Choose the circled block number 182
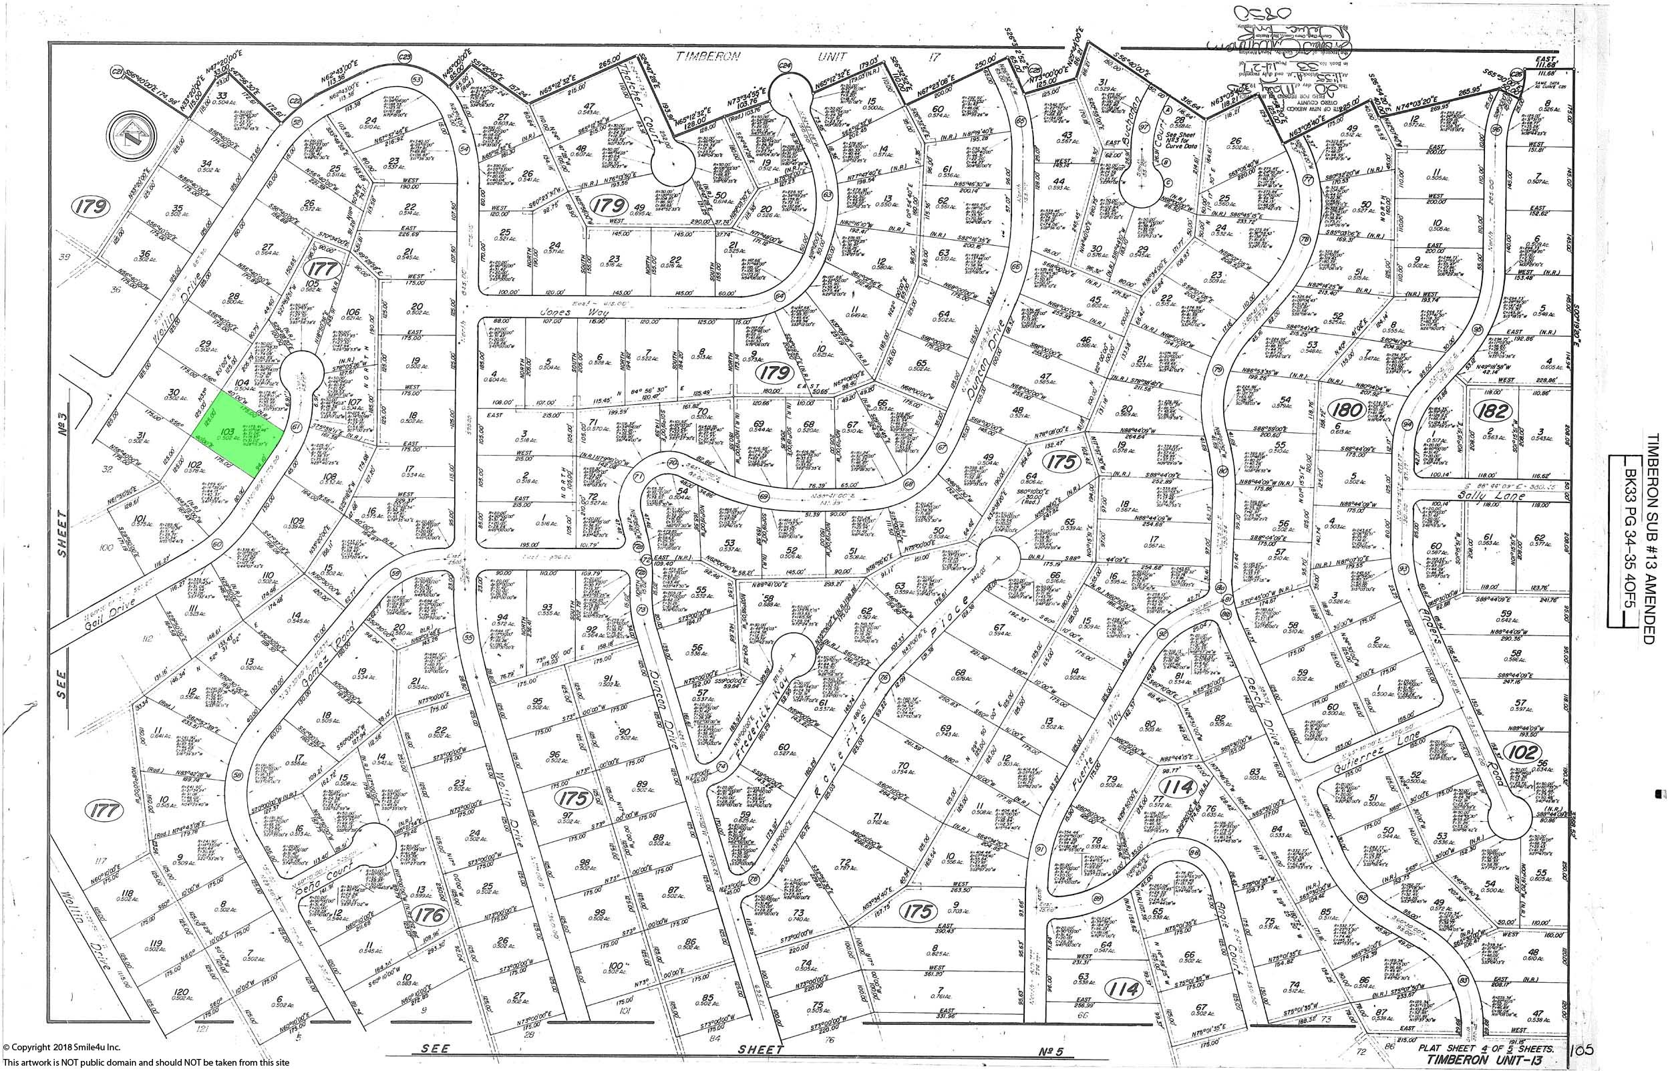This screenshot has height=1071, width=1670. coord(1493,411)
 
